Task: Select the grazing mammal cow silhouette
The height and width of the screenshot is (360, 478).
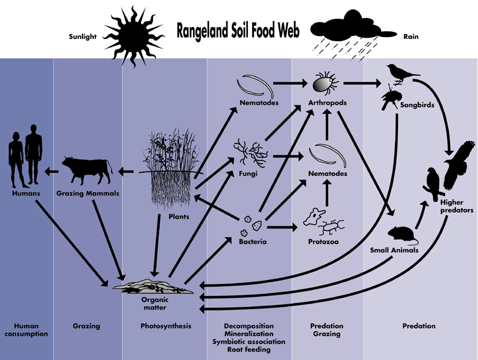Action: click(88, 171)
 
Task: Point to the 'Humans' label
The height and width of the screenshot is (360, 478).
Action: click(26, 194)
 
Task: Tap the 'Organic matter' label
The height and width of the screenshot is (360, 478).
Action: click(154, 304)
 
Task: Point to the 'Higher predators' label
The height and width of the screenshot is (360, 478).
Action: click(456, 206)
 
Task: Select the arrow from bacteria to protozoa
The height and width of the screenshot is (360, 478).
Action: click(281, 227)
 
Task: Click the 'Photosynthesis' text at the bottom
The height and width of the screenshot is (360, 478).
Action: click(166, 326)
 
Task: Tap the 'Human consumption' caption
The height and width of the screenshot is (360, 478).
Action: click(26, 330)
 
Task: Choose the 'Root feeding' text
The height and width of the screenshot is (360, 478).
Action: click(249, 349)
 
